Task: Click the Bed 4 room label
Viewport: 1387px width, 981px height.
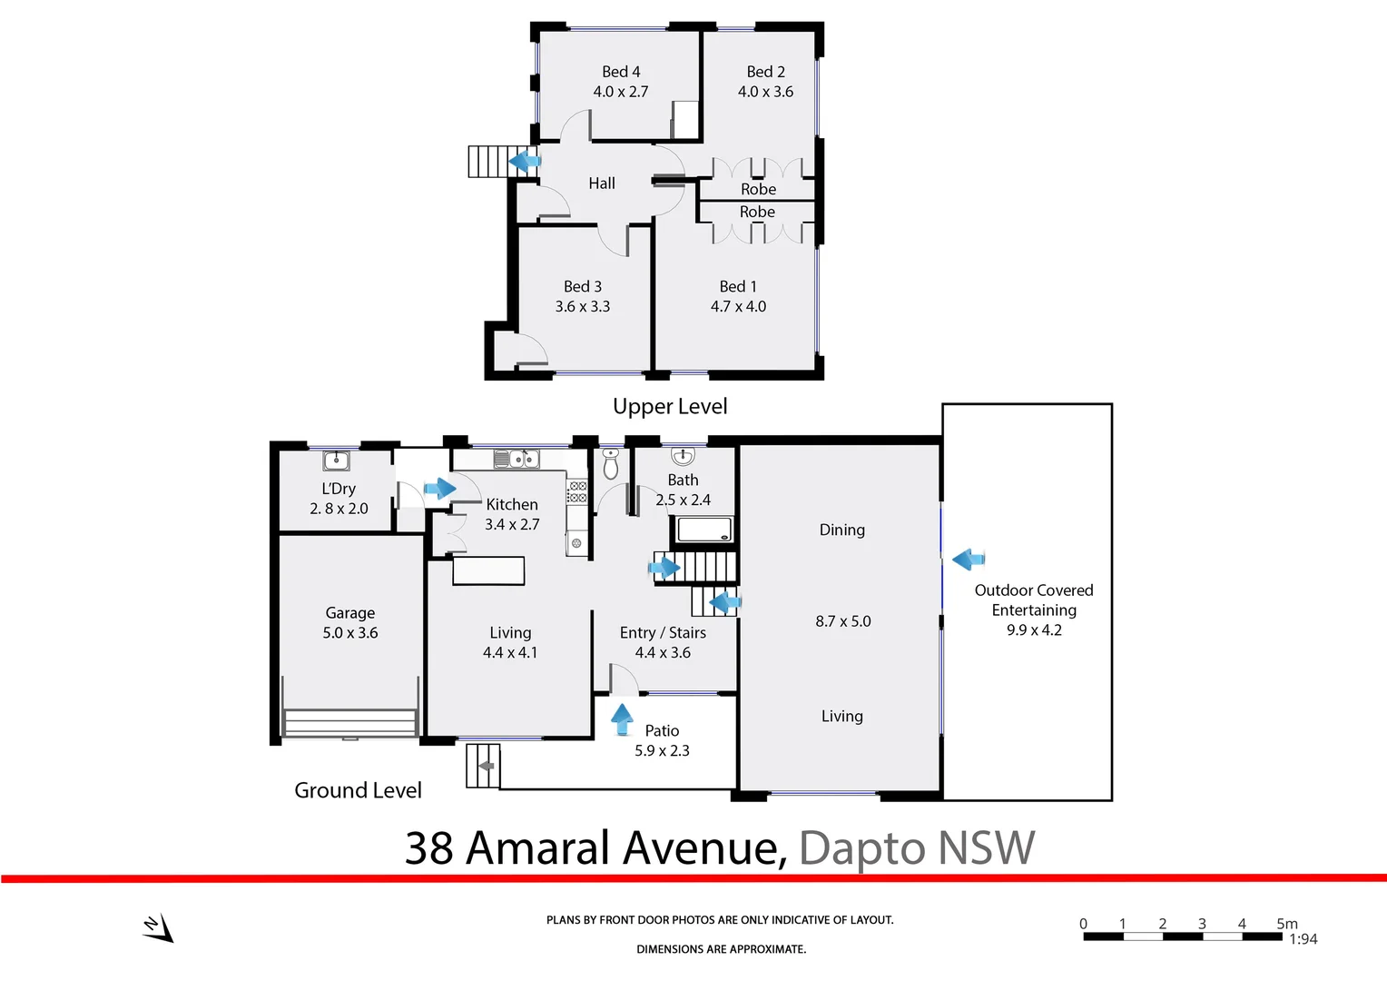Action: [x=621, y=72]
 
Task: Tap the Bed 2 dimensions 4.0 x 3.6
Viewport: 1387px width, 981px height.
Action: [x=765, y=92]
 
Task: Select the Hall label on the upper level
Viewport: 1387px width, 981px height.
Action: [x=601, y=183]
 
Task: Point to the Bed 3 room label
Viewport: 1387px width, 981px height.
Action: [x=582, y=286]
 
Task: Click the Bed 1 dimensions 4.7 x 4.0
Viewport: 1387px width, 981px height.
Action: [x=738, y=307]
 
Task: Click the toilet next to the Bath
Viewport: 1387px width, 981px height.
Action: [x=611, y=464]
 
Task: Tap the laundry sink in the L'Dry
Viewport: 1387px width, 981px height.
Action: [x=336, y=461]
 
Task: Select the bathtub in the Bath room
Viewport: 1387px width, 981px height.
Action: [x=702, y=529]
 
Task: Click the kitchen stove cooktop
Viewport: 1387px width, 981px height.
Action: [x=577, y=492]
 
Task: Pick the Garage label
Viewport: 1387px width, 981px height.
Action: [x=349, y=613]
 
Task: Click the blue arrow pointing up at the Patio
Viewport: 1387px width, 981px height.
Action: [x=622, y=718]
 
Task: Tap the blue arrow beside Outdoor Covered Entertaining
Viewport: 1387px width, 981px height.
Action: [x=969, y=559]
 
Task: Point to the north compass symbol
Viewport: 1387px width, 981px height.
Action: [x=158, y=927]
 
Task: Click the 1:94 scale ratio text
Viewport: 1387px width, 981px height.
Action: [x=1303, y=940]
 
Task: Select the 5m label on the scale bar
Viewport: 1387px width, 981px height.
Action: [x=1286, y=923]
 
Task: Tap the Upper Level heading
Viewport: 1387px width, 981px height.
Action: [x=670, y=407]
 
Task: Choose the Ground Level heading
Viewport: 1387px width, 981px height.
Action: [x=358, y=790]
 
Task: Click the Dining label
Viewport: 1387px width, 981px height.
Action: [x=841, y=530]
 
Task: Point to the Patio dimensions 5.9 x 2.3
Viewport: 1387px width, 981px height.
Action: [x=662, y=751]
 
